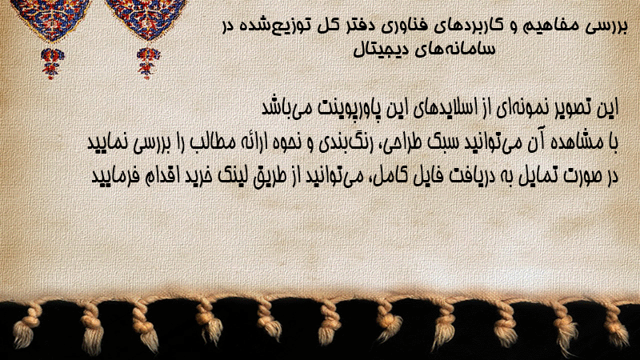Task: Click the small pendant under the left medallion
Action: click(51, 62)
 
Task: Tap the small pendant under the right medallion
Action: click(148, 62)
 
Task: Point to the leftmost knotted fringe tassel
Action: click(26, 326)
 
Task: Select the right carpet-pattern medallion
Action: click(146, 19)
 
